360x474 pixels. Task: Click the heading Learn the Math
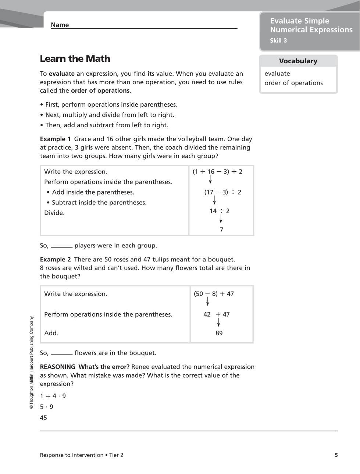75,59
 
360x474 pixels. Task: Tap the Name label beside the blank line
60,25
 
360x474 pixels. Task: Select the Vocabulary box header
298,61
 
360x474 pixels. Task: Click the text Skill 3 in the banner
278,41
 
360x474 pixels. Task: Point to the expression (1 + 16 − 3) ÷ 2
217,172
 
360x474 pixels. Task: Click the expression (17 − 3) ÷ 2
222,192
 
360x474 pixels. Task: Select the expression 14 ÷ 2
220,211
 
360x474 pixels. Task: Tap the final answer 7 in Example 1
221,230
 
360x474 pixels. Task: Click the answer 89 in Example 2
219,333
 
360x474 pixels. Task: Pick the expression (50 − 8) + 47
214,294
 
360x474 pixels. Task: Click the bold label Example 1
55,139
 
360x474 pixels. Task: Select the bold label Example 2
55,260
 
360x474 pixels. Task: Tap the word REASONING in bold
57,367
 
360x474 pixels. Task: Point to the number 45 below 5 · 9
43,418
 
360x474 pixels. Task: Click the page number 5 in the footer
336,455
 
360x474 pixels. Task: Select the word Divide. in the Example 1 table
54,213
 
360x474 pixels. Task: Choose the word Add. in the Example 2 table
51,333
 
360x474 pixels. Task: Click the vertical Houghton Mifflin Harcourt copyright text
32,363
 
